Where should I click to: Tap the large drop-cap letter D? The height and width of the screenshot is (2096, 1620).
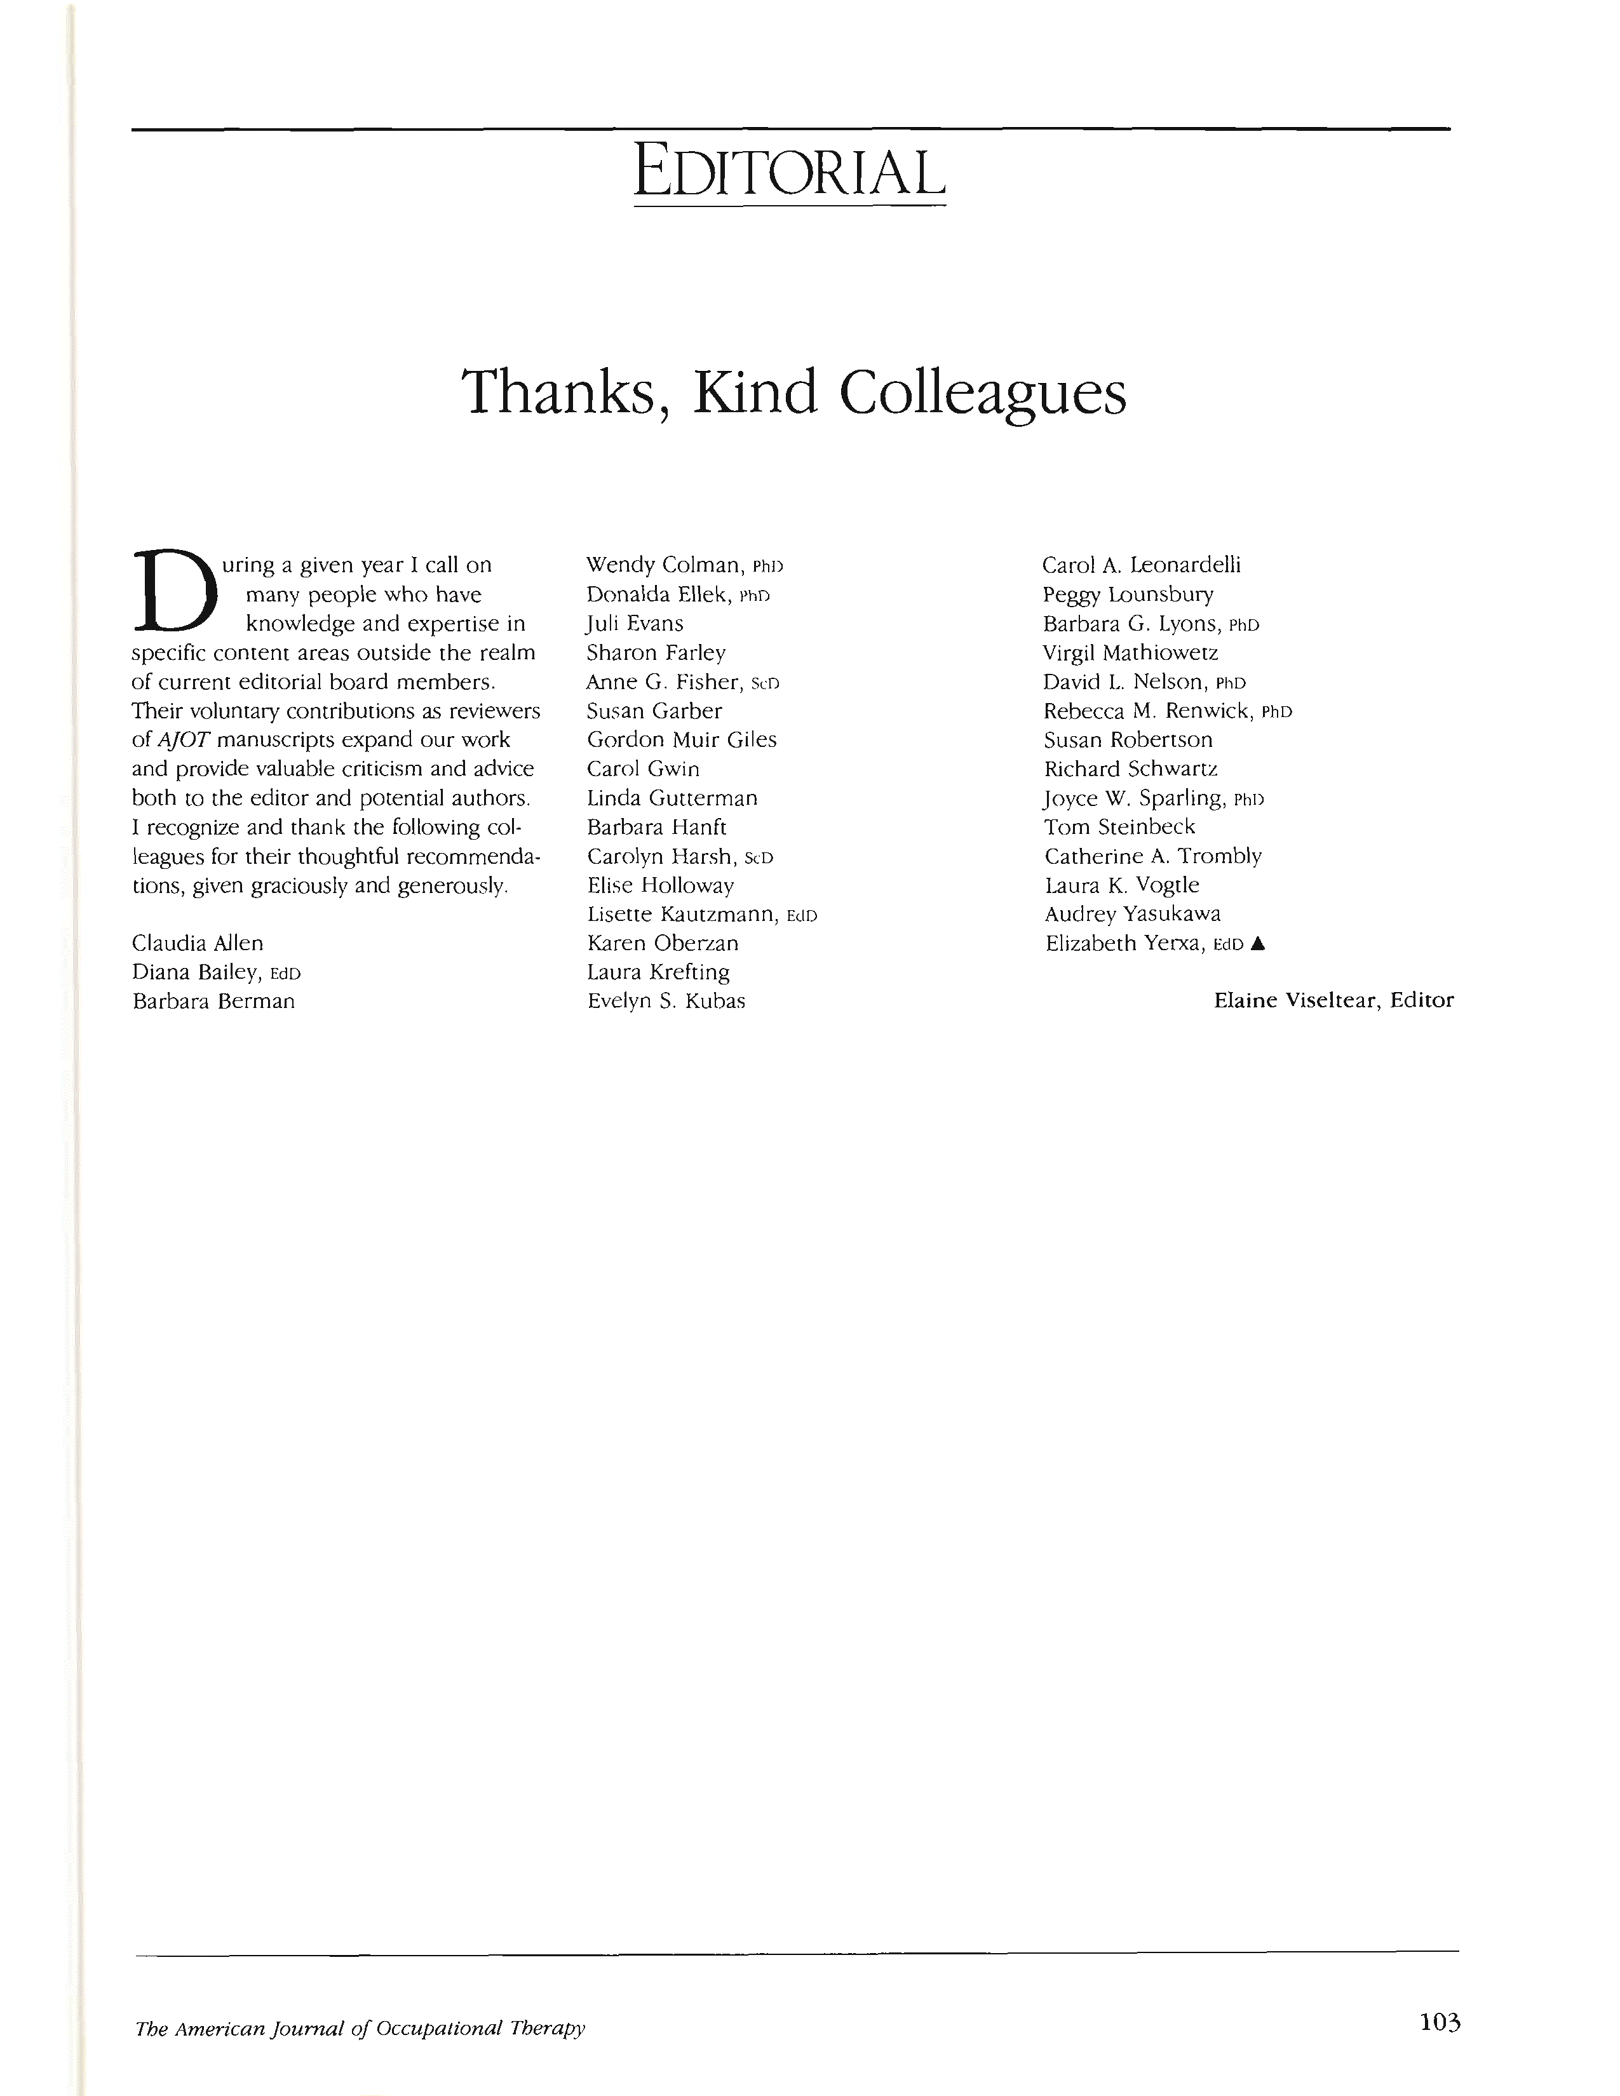pyautogui.click(x=175, y=590)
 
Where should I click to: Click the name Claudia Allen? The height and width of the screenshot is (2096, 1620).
pyautogui.click(x=198, y=943)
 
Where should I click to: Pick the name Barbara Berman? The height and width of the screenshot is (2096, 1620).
pyautogui.click(x=213, y=1001)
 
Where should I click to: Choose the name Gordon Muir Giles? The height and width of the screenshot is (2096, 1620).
pyautogui.click(x=682, y=740)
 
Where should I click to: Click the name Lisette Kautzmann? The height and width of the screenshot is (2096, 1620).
pyautogui.click(x=682, y=915)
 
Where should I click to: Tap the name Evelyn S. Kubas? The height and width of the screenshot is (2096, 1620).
pyautogui.click(x=666, y=1001)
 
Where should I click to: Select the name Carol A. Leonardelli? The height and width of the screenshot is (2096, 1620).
pyautogui.click(x=1141, y=565)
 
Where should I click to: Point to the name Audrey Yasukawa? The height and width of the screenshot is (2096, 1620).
pyautogui.click(x=1133, y=915)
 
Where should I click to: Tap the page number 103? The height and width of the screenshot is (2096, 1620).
pyautogui.click(x=1440, y=2023)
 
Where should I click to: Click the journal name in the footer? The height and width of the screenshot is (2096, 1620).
pyautogui.click(x=360, y=2028)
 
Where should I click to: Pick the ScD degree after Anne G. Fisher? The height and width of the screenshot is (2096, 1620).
pyautogui.click(x=765, y=684)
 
